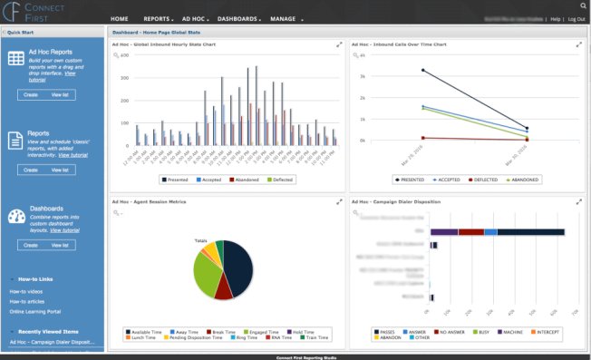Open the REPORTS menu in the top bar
pyautogui.click(x=159, y=18)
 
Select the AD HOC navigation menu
pyautogui.click(x=195, y=18)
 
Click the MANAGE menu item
pyautogui.click(x=284, y=18)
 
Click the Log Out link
pyautogui.click(x=576, y=18)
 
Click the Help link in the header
pyautogui.click(x=556, y=18)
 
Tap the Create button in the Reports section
pyautogui.click(x=30, y=170)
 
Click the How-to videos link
pyautogui.click(x=26, y=291)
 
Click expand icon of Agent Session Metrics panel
pyautogui.click(x=339, y=202)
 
